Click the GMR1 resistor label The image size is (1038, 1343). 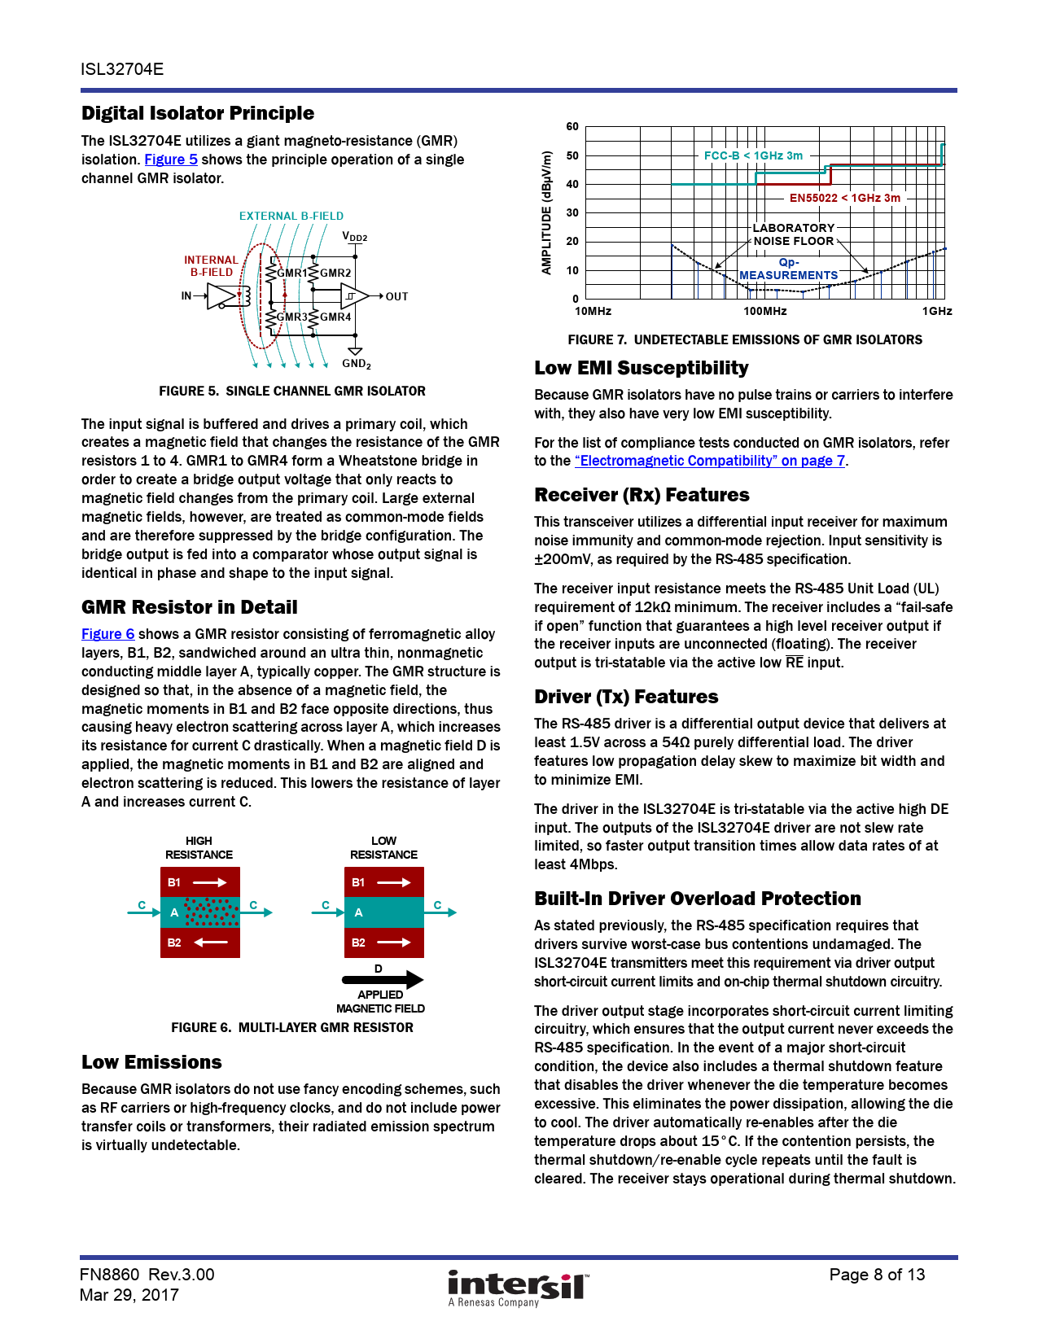pos(292,273)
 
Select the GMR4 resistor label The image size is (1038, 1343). pos(335,317)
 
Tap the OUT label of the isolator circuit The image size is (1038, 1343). pos(396,297)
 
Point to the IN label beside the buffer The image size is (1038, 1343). pos(186,296)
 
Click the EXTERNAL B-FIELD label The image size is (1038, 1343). pos(291,217)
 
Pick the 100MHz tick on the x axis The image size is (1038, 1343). pos(764,312)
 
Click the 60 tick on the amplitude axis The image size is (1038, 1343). pos(572,127)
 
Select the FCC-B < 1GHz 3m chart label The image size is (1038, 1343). pos(753,155)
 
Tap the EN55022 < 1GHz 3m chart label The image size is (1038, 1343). pos(845,198)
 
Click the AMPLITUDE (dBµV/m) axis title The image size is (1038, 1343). pos(547,212)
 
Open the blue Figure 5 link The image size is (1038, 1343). pos(171,160)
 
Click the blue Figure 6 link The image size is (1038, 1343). pos(108,634)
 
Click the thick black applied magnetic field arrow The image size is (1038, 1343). pos(383,979)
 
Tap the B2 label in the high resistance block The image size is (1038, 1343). pos(174,943)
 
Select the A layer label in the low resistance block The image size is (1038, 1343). pos(358,913)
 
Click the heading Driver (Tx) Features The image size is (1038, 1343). pos(626,697)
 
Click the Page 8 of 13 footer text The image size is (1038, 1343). pos(877,1275)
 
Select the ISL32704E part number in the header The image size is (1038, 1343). pos(122,69)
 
